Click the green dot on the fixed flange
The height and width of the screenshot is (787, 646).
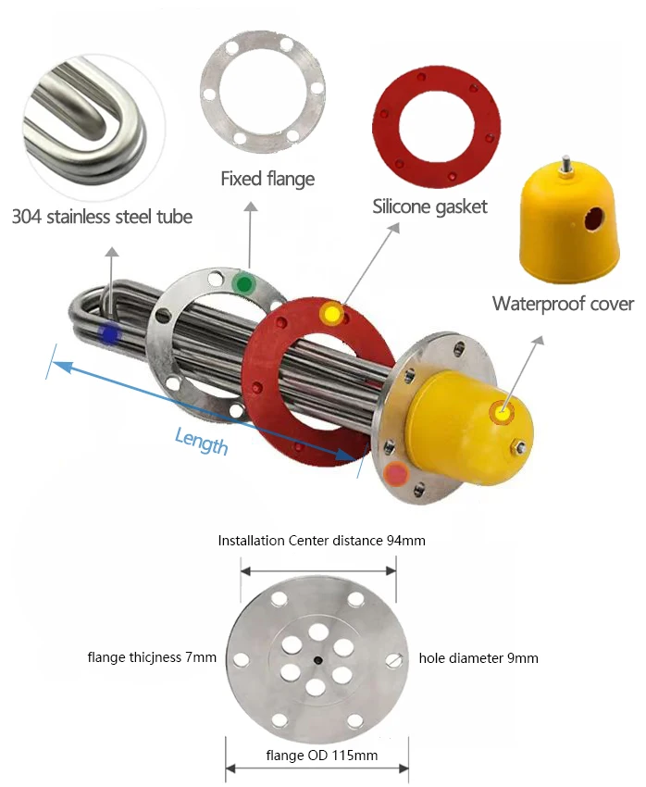pyautogui.click(x=243, y=284)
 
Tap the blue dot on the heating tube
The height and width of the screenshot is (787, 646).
pyautogui.click(x=109, y=334)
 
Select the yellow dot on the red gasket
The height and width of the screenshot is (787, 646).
pyautogui.click(x=331, y=314)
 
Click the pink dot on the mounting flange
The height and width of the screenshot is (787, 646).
pyautogui.click(x=397, y=473)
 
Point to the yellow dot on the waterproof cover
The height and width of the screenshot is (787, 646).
pyautogui.click(x=502, y=413)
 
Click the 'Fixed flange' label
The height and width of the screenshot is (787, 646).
pyautogui.click(x=267, y=179)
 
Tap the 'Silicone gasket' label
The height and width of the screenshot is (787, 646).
pyautogui.click(x=429, y=206)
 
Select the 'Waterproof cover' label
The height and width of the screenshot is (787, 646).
pyautogui.click(x=563, y=304)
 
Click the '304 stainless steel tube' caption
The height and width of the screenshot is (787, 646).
pyautogui.click(x=102, y=217)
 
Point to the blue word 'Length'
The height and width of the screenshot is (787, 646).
pyautogui.click(x=201, y=441)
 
